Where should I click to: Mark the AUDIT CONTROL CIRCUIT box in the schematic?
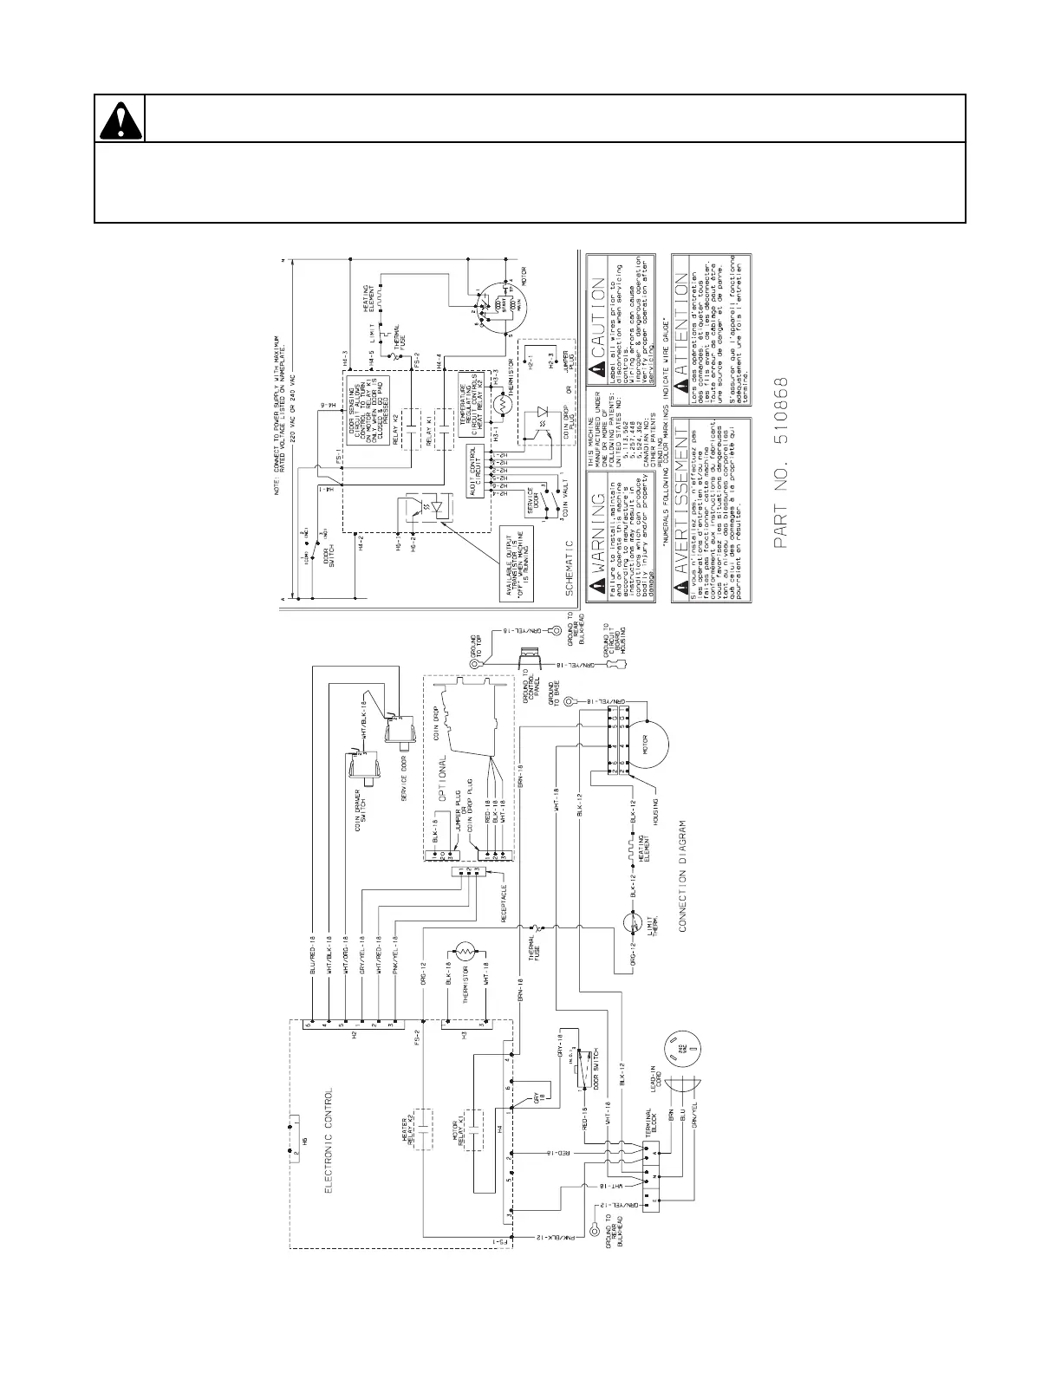(x=475, y=468)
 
